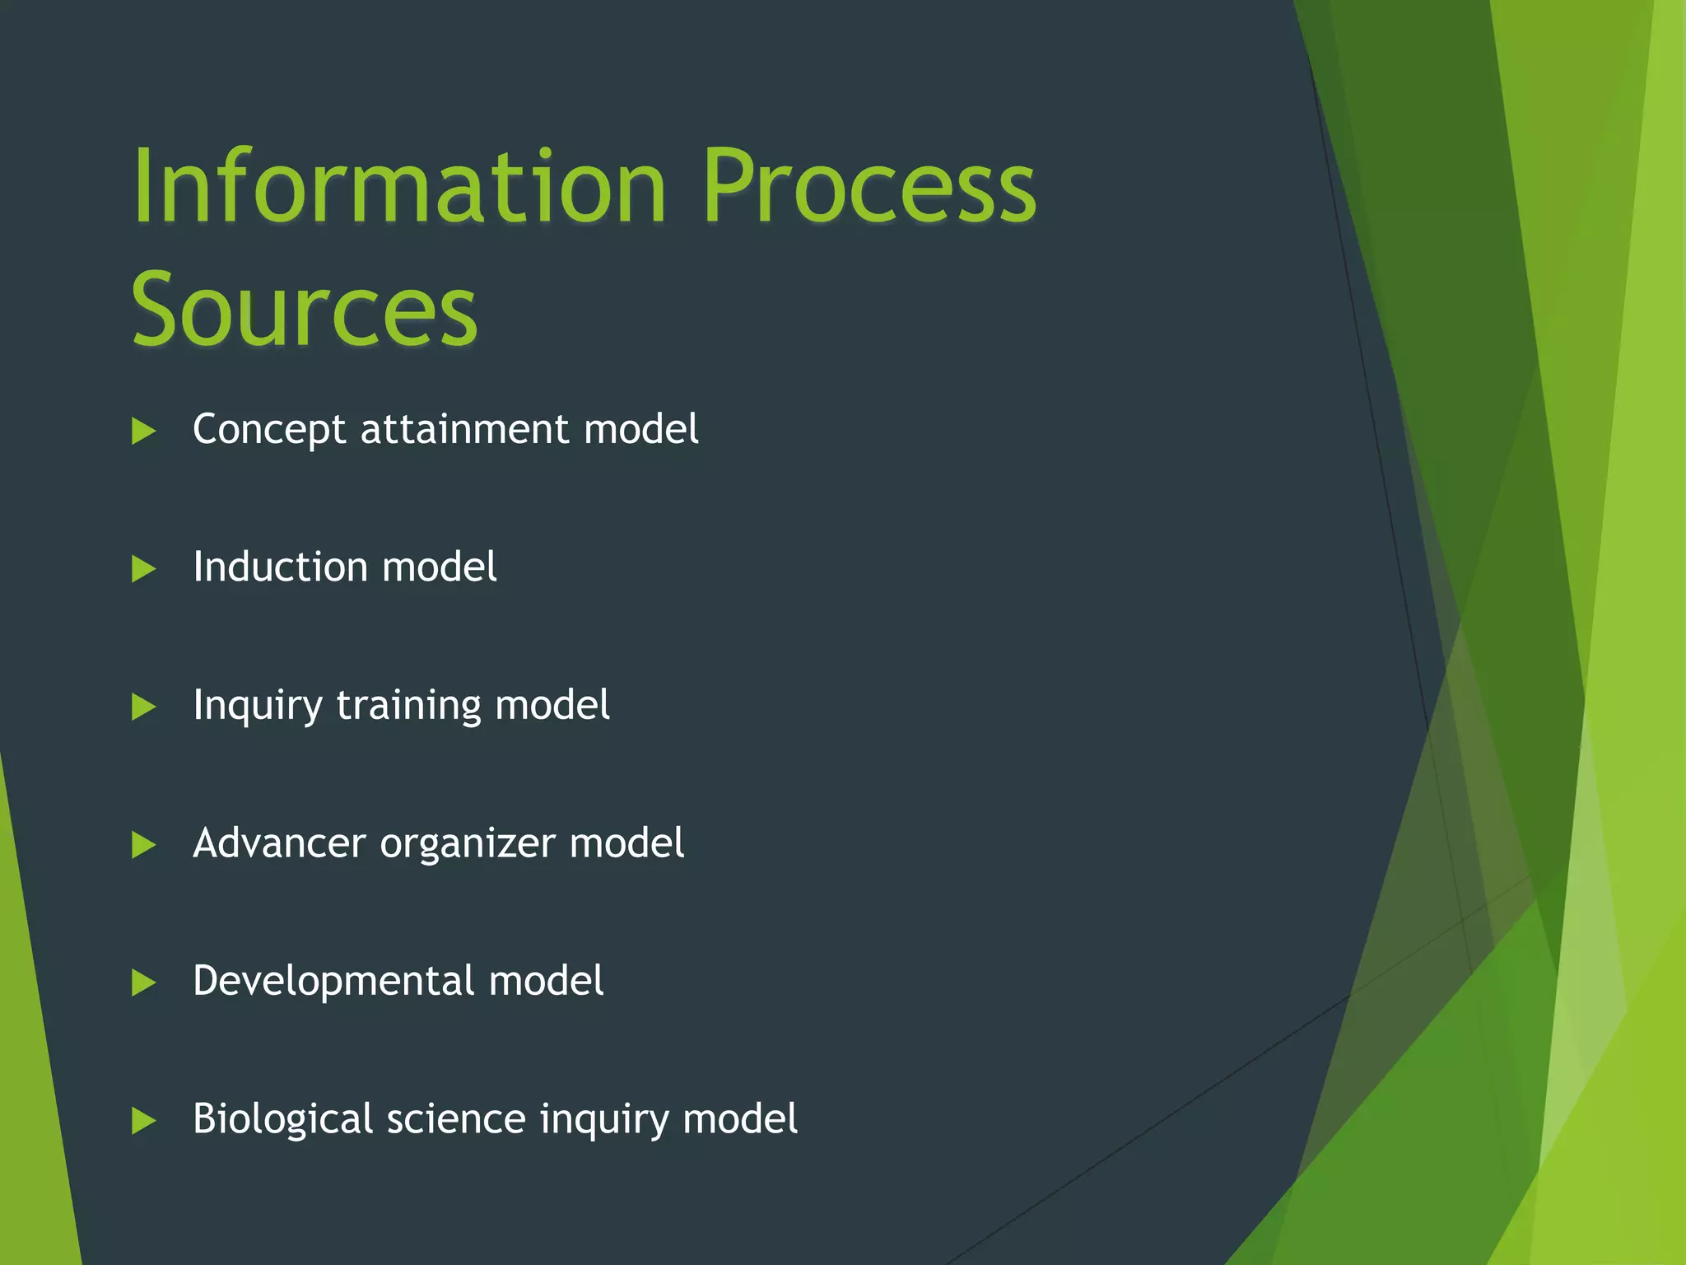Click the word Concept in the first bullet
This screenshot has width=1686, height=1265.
269,430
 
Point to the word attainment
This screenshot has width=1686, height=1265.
464,430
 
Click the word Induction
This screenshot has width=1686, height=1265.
280,567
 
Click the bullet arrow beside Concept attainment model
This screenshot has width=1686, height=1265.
143,431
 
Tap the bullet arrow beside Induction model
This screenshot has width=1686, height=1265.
143,569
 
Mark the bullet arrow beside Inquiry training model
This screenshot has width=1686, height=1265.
143,707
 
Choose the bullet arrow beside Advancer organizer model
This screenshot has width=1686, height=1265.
143,845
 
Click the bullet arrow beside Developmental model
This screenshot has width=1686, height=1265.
143,983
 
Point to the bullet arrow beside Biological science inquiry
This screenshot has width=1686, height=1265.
143,1121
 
